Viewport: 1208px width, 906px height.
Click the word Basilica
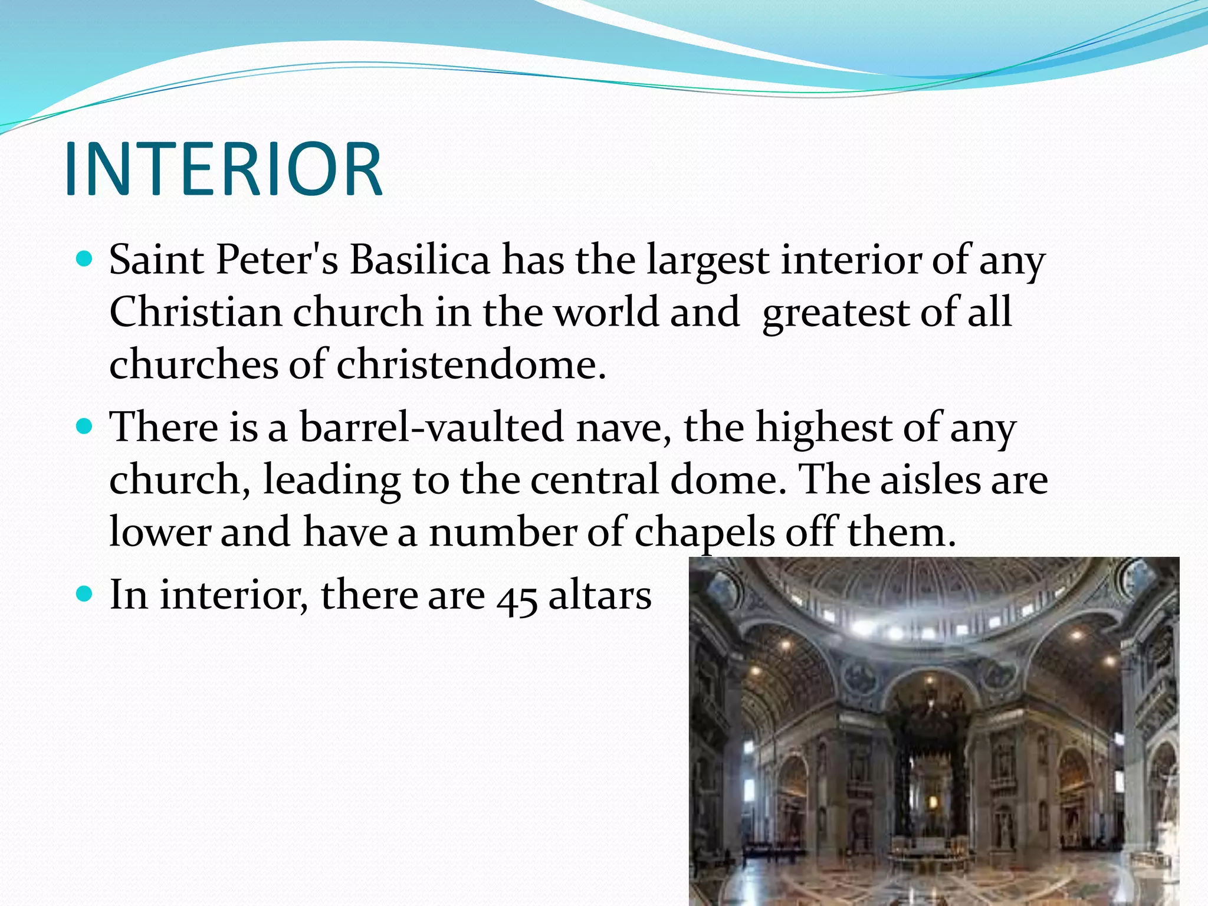[x=419, y=260]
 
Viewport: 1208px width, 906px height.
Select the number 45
[x=517, y=597]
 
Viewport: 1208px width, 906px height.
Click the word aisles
[x=928, y=479]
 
